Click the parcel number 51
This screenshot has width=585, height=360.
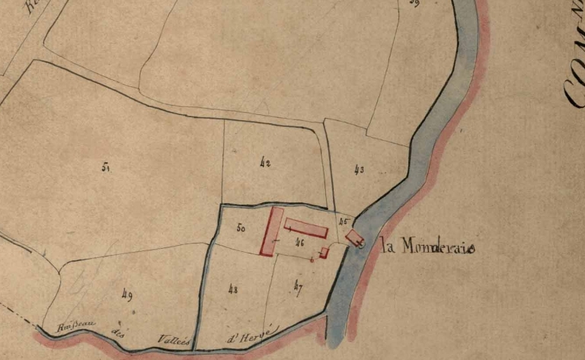[105, 166]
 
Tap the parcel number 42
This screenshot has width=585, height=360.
[265, 162]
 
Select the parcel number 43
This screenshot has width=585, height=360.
[359, 170]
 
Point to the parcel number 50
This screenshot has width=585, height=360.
[241, 228]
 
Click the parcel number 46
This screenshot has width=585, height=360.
[300, 243]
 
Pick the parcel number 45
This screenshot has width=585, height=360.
[343, 221]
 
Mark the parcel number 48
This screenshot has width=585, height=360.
[232, 289]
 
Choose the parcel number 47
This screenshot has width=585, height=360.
[298, 286]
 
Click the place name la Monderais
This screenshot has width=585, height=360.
[427, 247]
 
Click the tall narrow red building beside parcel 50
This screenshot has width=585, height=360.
[272, 231]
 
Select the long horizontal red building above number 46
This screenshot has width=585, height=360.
[306, 227]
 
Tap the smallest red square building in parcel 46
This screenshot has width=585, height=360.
[324, 252]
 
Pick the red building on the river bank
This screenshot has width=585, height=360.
[353, 238]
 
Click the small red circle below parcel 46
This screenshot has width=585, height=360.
[312, 260]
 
